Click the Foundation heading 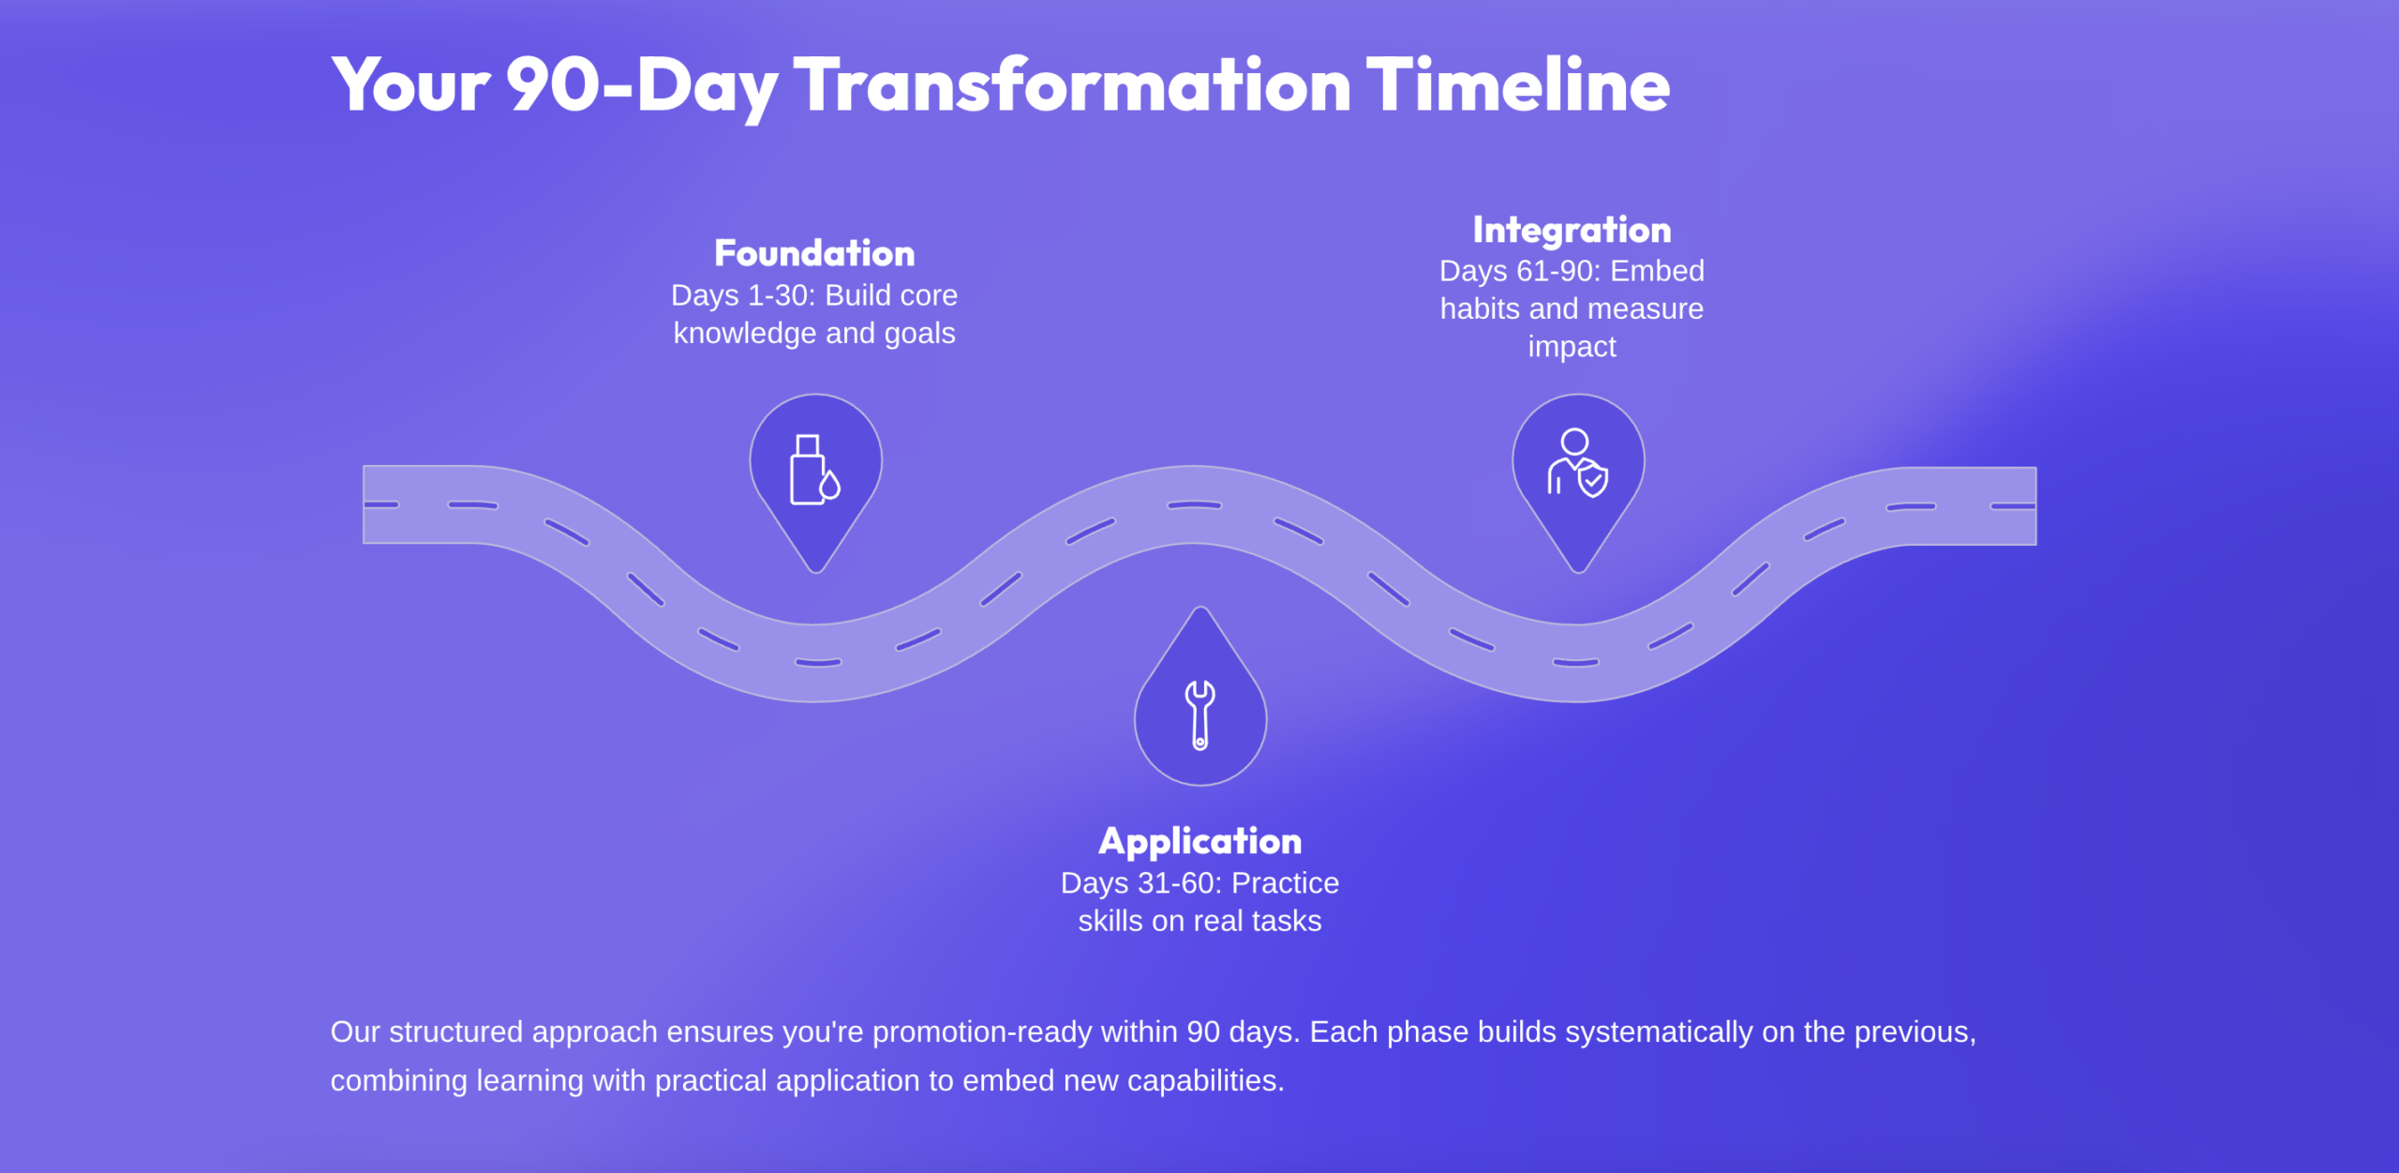point(814,253)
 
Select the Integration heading point(1572,231)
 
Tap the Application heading point(1199,842)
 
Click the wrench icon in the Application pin point(1200,715)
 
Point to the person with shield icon point(1577,462)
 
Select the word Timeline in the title point(1518,85)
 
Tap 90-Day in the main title point(642,87)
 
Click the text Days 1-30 point(742,295)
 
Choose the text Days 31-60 point(1140,883)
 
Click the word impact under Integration point(1572,348)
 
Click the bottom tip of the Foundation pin point(815,571)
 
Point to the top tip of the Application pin point(1200,609)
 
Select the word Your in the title point(410,85)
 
